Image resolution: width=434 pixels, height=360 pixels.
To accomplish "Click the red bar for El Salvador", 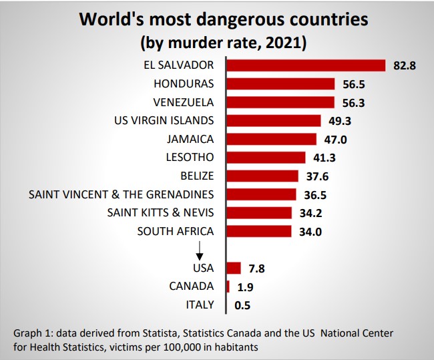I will click(x=306, y=65).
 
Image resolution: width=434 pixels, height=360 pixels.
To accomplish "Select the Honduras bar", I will click(x=281, y=83).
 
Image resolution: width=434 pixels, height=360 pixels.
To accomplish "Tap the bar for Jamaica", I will click(x=272, y=139).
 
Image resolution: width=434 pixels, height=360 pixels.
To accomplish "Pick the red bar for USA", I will click(x=234, y=268).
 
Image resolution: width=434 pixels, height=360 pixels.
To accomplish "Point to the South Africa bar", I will click(x=259, y=231).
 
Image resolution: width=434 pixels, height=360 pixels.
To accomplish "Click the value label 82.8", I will click(x=405, y=66).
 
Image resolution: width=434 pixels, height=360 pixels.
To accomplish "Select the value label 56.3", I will click(x=354, y=103).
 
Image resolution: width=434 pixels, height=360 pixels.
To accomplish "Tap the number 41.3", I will click(x=324, y=158).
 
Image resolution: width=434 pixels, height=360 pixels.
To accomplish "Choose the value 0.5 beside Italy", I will click(x=244, y=305).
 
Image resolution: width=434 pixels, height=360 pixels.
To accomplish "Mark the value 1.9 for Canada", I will click(x=246, y=287).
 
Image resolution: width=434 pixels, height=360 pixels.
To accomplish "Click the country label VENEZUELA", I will click(x=184, y=102).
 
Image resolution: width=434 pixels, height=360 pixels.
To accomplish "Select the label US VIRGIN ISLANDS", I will click(x=164, y=120).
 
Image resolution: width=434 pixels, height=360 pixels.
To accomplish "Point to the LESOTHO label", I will click(x=189, y=158).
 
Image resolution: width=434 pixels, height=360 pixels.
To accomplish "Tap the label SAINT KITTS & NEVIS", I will click(x=161, y=213).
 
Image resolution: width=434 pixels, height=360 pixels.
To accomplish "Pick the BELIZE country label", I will click(x=197, y=176).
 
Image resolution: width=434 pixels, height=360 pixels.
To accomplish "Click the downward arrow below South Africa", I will click(x=199, y=250).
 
